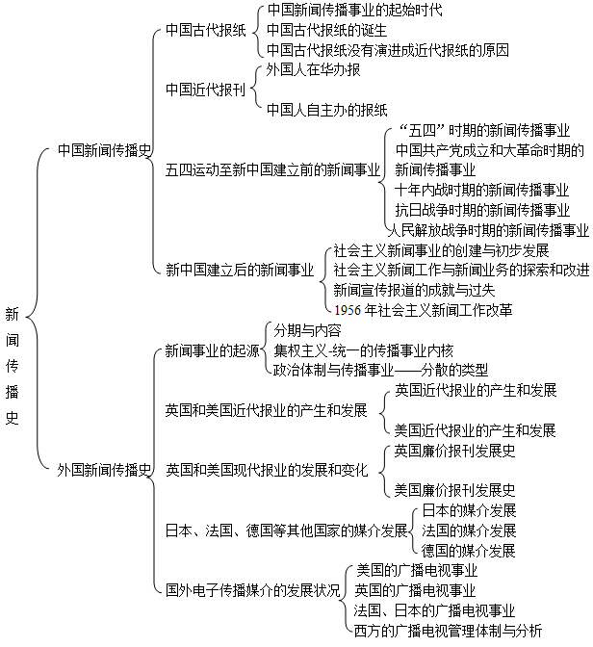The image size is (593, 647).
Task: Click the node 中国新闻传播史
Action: click(x=104, y=150)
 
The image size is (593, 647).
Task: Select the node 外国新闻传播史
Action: click(x=104, y=470)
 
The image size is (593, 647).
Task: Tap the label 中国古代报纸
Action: click(x=205, y=30)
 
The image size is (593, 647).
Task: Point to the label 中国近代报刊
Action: click(x=205, y=90)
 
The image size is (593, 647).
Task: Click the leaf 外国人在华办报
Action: click(x=313, y=69)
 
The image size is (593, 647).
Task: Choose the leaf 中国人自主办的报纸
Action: click(x=327, y=110)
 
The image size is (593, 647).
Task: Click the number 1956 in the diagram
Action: click(x=348, y=310)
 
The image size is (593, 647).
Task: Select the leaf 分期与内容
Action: click(x=307, y=330)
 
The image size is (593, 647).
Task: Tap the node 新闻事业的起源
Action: click(x=212, y=350)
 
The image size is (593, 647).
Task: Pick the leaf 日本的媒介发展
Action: click(x=469, y=510)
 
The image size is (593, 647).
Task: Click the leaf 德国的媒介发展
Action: click(x=469, y=551)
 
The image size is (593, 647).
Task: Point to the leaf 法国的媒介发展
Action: click(x=469, y=531)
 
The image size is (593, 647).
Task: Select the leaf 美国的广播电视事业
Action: click(x=417, y=571)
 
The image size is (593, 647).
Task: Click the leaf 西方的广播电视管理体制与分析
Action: click(x=448, y=631)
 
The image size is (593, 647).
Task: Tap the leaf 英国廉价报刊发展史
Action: click(x=454, y=451)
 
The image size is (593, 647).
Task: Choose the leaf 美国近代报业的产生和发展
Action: click(x=475, y=430)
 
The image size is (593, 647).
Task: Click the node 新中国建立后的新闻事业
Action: click(x=240, y=270)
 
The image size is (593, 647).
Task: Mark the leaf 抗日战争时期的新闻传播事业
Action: click(x=482, y=210)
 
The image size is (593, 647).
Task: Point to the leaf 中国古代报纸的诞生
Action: click(x=327, y=30)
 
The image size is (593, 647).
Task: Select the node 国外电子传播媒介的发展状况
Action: click(x=253, y=590)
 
